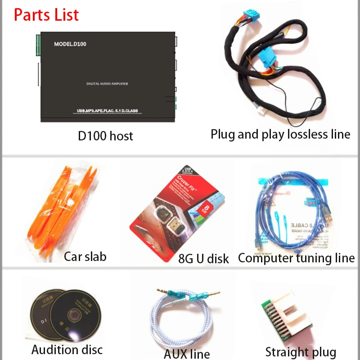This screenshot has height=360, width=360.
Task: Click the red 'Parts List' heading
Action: pyautogui.click(x=46, y=14)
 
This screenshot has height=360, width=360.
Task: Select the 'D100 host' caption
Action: pyautogui.click(x=105, y=135)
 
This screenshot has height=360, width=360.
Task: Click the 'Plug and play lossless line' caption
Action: pyautogui.click(x=280, y=134)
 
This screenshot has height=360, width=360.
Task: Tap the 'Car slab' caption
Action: pyautogui.click(x=85, y=256)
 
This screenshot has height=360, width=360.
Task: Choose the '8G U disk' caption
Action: pyautogui.click(x=203, y=258)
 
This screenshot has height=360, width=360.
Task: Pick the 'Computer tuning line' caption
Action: pyautogui.click(x=296, y=258)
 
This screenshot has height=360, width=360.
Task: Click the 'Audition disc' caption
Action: pyautogui.click(x=67, y=349)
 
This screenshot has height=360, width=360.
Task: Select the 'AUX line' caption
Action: pyautogui.click(x=187, y=353)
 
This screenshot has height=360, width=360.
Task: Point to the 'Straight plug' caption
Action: pyautogui.click(x=301, y=352)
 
